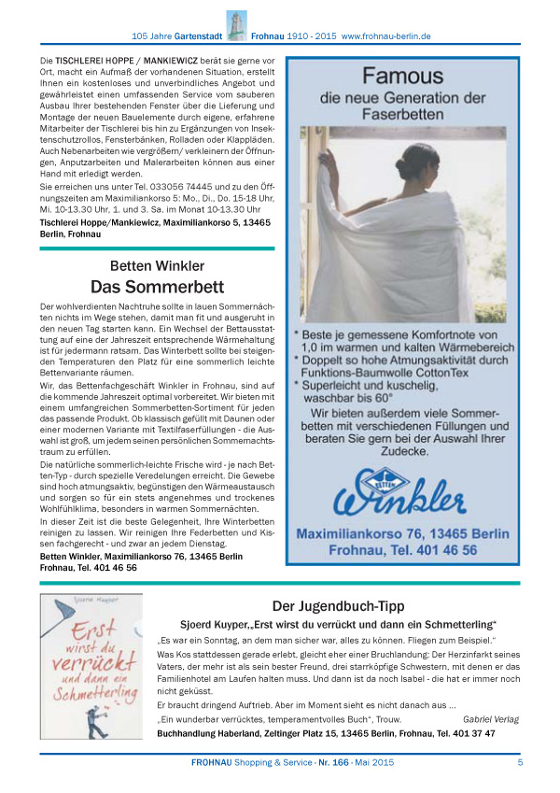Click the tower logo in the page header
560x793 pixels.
[235, 25]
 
